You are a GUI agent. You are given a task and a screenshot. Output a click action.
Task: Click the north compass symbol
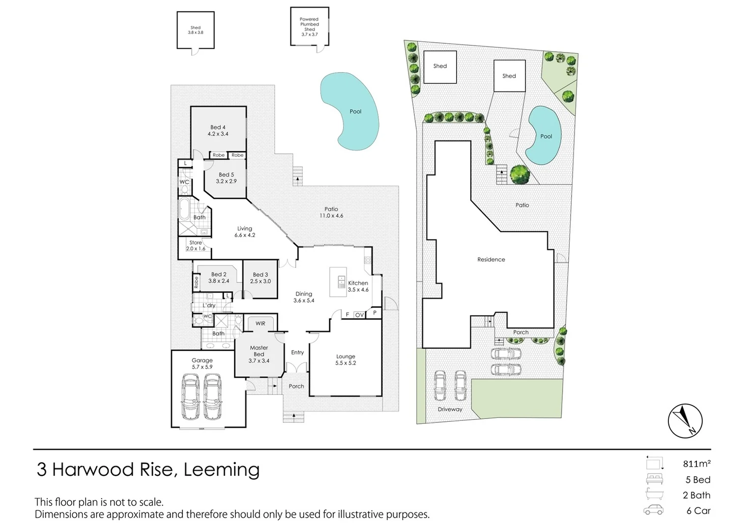click(x=685, y=421)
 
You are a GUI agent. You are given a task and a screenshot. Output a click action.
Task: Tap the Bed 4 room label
click(x=218, y=130)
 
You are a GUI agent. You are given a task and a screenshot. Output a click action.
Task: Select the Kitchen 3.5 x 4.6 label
click(x=358, y=286)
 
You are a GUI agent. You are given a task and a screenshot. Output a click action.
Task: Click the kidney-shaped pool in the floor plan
click(x=349, y=112)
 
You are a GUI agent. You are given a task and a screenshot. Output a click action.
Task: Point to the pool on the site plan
click(x=543, y=136)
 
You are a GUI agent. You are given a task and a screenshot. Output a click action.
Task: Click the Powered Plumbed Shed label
click(x=309, y=27)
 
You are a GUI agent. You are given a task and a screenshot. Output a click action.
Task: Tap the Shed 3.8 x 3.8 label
click(x=195, y=30)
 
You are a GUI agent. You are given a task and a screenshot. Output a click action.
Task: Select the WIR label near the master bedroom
click(x=260, y=324)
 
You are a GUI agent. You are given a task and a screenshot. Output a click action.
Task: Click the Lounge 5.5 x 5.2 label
click(x=346, y=359)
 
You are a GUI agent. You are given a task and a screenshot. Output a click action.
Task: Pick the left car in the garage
click(x=191, y=396)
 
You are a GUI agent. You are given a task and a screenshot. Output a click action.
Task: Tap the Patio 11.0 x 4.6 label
click(x=331, y=212)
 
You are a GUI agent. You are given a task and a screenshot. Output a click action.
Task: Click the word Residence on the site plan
click(x=491, y=260)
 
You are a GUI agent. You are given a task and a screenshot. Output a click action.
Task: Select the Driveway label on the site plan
click(x=450, y=409)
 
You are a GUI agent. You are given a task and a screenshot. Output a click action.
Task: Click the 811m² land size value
click(x=696, y=464)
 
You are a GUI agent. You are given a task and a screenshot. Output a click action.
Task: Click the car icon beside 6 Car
click(x=653, y=510)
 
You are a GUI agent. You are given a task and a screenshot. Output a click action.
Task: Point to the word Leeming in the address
click(x=221, y=470)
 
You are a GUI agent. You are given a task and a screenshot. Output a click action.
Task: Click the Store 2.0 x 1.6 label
click(x=196, y=245)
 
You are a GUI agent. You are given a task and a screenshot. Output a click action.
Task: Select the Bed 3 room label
click(x=260, y=278)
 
